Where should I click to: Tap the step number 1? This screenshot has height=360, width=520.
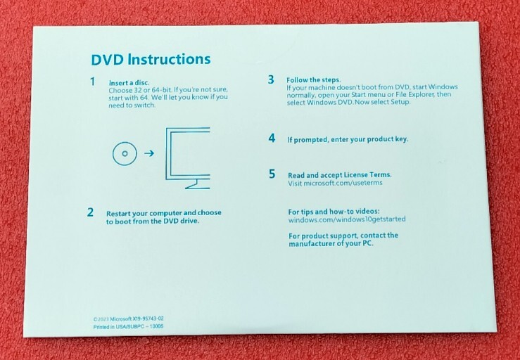[92, 82]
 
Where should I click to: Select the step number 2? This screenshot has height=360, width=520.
[90, 212]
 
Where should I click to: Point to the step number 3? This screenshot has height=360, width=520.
[271, 79]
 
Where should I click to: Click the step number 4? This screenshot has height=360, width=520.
[272, 138]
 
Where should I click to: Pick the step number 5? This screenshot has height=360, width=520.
[272, 174]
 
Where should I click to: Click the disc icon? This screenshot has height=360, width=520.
[125, 153]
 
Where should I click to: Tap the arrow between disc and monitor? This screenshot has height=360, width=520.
[148, 153]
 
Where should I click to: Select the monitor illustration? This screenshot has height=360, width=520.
[186, 156]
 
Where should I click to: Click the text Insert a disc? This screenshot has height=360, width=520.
[129, 83]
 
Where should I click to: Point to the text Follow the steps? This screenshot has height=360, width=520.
[313, 79]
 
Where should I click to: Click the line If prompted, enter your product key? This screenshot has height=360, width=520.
[348, 139]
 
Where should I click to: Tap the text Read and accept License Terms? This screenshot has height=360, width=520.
[340, 174]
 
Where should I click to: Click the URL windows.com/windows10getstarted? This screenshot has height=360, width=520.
[347, 219]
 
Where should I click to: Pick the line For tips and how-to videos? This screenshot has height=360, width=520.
[334, 211]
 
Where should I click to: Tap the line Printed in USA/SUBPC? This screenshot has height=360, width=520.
[128, 327]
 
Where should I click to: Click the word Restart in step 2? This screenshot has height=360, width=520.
[120, 212]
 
